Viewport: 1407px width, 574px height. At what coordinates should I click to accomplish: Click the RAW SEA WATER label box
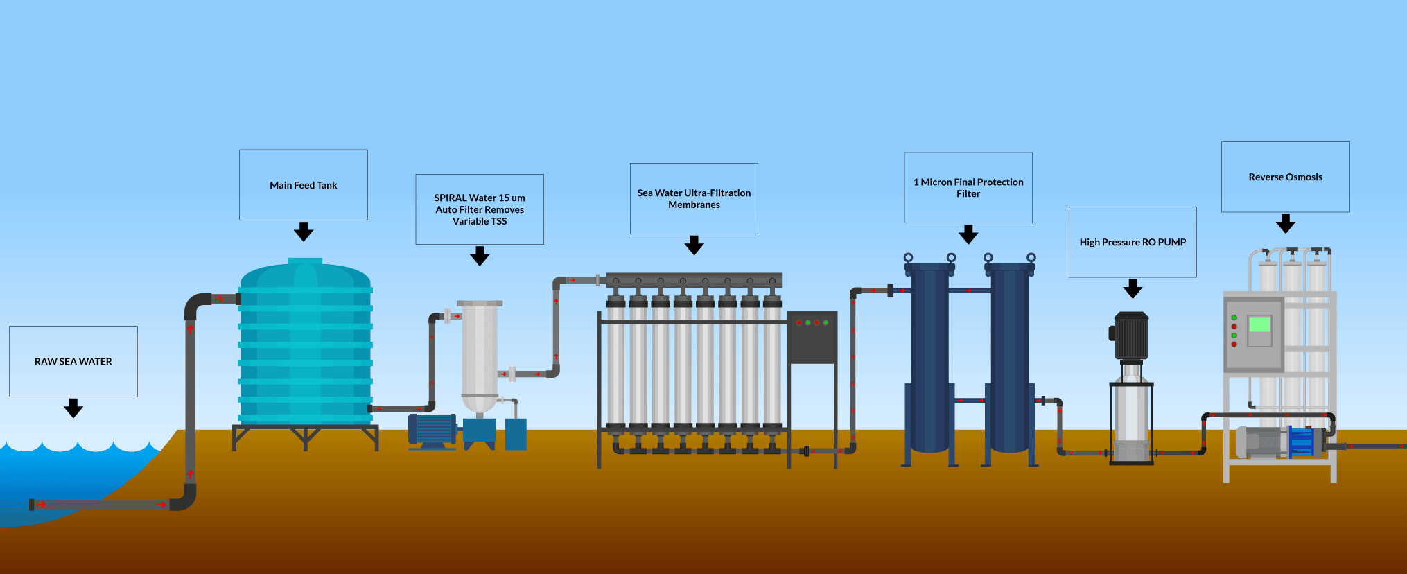[73, 361]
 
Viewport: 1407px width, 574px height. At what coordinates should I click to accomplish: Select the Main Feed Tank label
[304, 185]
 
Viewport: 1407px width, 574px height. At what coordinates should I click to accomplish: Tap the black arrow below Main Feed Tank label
[304, 232]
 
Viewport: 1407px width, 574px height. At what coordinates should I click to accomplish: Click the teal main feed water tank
[306, 347]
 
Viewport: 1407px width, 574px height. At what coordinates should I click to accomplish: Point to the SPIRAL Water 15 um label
[480, 209]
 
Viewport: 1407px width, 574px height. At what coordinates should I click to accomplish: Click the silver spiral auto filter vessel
[480, 354]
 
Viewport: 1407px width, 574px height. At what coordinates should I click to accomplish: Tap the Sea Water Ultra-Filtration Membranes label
[694, 199]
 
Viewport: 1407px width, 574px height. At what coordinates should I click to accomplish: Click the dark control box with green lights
[812, 337]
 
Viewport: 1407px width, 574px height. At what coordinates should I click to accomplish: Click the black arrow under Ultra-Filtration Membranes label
[694, 245]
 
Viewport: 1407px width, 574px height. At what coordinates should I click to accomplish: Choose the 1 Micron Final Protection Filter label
[968, 188]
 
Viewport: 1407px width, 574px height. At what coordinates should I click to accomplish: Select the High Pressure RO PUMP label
[1133, 242]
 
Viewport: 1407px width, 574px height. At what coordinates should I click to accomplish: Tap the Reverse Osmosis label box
[1285, 177]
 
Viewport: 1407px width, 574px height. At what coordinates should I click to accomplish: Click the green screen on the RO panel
[1259, 324]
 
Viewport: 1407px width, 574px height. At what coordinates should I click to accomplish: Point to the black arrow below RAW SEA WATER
[73, 408]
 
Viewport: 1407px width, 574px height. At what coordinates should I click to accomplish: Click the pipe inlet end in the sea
[32, 505]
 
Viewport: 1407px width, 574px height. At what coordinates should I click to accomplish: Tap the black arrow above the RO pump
[1133, 288]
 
